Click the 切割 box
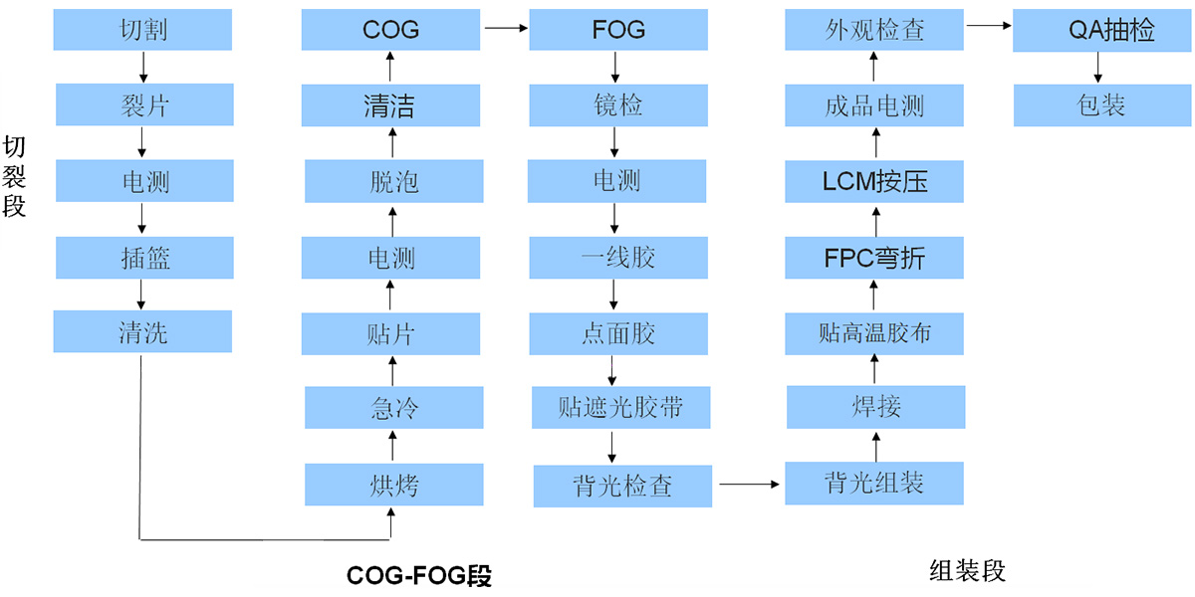pyautogui.click(x=143, y=30)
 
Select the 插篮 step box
pyautogui.click(x=143, y=258)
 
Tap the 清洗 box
pyautogui.click(x=143, y=331)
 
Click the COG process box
pyautogui.click(x=391, y=30)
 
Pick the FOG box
pyautogui.click(x=618, y=30)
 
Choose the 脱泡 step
pyautogui.click(x=391, y=182)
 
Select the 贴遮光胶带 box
pyautogui.click(x=620, y=408)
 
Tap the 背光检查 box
pyautogui.click(x=622, y=485)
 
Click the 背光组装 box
pyautogui.click(x=874, y=484)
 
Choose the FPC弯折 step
pyautogui.click(x=874, y=258)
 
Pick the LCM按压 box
pyautogui.click(x=874, y=182)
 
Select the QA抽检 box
pyautogui.click(x=1102, y=30)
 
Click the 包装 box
pyautogui.click(x=1102, y=105)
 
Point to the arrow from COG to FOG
pyautogui.click(x=505, y=30)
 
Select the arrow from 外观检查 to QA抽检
pyautogui.click(x=990, y=30)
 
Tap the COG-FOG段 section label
pyautogui.click(x=419, y=576)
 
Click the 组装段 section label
pyautogui.click(x=968, y=570)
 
